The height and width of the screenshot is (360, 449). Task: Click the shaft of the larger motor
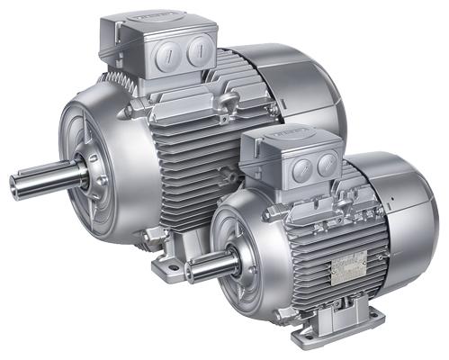[x=45, y=177]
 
